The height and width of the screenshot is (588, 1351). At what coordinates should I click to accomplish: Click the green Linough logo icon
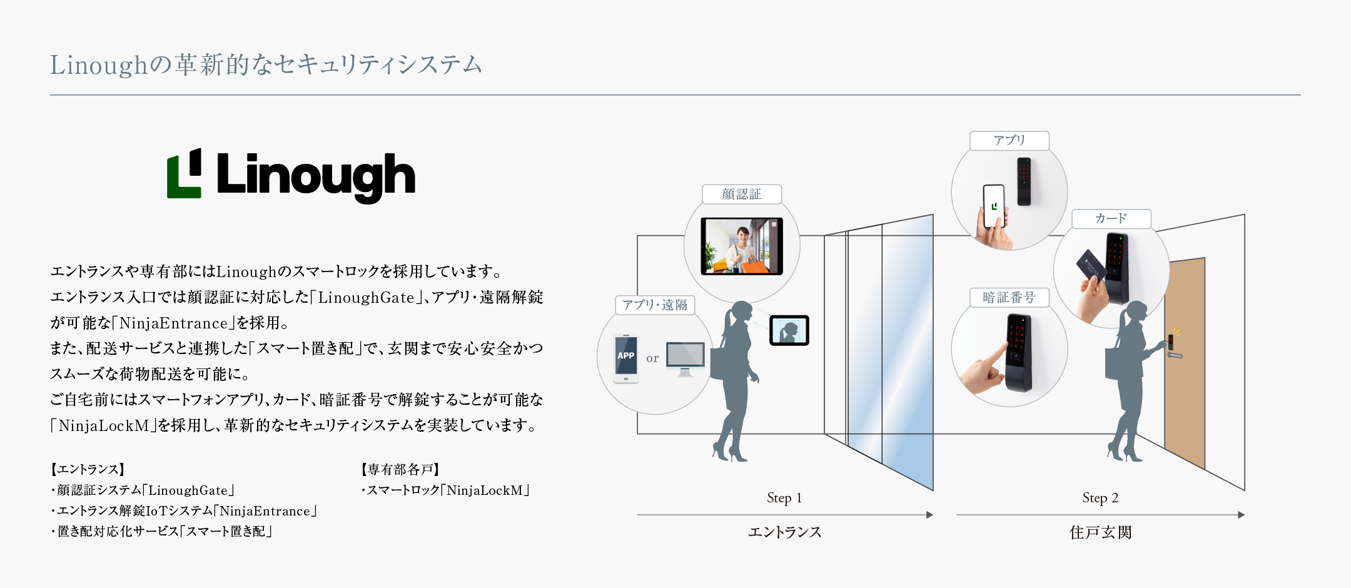pyautogui.click(x=184, y=173)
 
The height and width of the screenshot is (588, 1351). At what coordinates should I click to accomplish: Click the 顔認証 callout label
pyautogui.click(x=742, y=195)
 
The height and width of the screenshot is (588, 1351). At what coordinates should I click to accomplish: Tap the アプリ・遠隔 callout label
pyautogui.click(x=655, y=305)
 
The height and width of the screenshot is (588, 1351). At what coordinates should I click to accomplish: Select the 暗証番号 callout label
pyautogui.click(x=1009, y=298)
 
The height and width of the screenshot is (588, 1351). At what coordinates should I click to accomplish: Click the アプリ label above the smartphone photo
pyautogui.click(x=1009, y=141)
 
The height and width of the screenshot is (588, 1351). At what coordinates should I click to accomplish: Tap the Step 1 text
pyautogui.click(x=784, y=498)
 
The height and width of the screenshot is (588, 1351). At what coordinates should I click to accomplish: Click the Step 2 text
pyautogui.click(x=1100, y=498)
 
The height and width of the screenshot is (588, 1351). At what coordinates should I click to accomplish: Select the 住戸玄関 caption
pyautogui.click(x=1101, y=532)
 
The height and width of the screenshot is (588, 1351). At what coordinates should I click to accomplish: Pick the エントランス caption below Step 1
pyautogui.click(x=785, y=532)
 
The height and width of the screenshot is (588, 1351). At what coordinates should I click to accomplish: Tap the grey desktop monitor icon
pyautogui.click(x=686, y=359)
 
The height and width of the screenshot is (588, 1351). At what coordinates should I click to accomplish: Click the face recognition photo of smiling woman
pyautogui.click(x=742, y=246)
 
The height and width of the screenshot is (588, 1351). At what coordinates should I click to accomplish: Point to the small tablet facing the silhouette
pyautogui.click(x=789, y=330)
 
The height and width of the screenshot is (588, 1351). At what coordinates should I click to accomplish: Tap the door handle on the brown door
pyautogui.click(x=1175, y=355)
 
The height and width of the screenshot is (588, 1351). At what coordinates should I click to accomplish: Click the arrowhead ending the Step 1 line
pyautogui.click(x=930, y=515)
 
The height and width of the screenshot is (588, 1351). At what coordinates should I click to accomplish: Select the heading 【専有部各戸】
pyautogui.click(x=401, y=469)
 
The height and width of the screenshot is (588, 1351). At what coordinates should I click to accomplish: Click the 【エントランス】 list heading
pyautogui.click(x=88, y=469)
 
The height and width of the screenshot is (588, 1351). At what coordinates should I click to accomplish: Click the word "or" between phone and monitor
pyautogui.click(x=652, y=359)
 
